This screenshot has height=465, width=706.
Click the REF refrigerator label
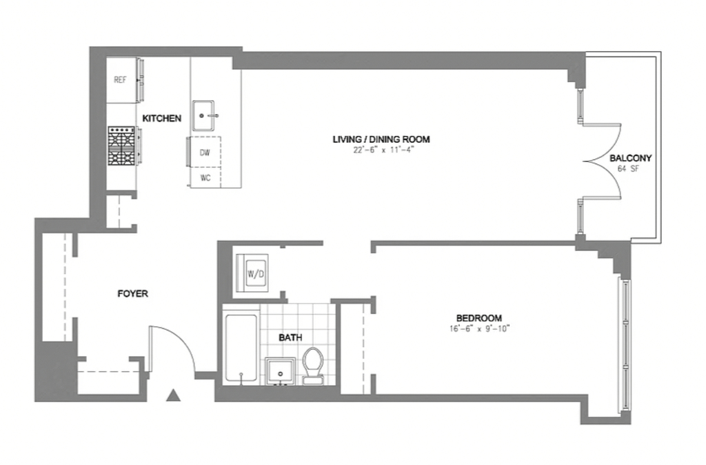point(120,80)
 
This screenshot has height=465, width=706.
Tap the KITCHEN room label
point(161,119)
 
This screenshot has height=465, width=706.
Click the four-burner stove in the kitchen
point(121,146)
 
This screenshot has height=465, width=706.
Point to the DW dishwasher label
point(205,152)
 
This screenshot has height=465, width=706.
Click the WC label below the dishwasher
point(205,178)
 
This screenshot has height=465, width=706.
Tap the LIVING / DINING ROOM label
point(381,139)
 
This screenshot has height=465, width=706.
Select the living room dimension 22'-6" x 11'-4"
point(383,150)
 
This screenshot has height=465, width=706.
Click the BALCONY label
point(630,158)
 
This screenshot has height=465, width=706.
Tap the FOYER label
point(133,294)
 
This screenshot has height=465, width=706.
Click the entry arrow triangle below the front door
point(173,395)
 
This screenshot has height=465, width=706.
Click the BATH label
point(290,337)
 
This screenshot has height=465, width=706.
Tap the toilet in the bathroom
point(314,366)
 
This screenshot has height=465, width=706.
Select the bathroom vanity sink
point(281,371)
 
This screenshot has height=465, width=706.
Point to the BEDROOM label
point(479,317)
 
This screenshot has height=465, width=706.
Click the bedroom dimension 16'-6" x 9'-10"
point(479,328)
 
